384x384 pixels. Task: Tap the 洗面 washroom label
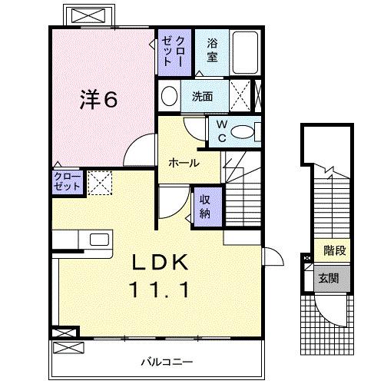203,96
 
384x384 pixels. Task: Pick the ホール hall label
184,163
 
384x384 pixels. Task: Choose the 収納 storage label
206,205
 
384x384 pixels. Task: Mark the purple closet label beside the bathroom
168,51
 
